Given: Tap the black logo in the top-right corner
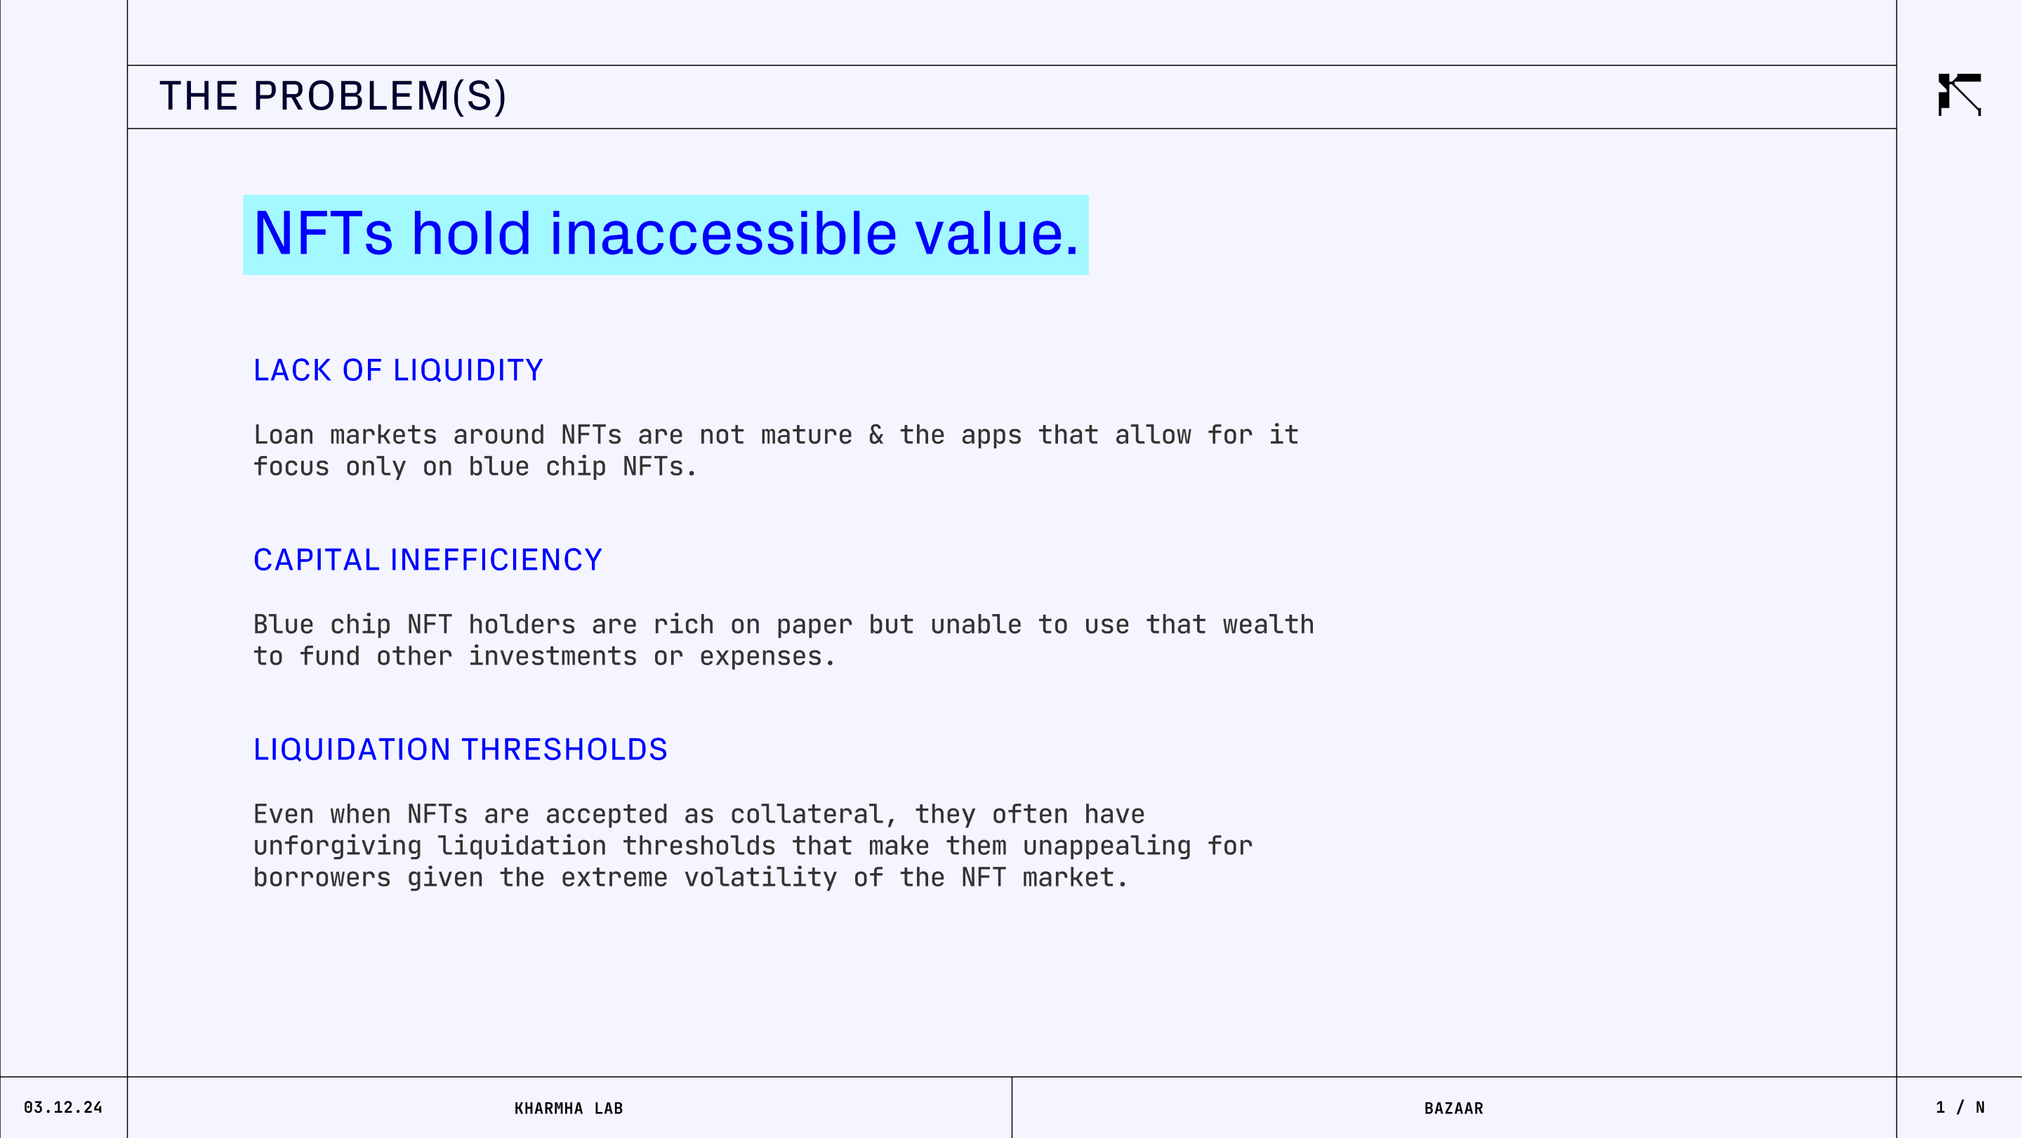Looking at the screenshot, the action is coord(1960,94).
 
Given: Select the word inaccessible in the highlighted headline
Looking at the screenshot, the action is coord(723,233).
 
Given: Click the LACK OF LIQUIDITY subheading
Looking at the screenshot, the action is coord(398,371).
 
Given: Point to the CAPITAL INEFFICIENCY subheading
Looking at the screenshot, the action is coord(428,560).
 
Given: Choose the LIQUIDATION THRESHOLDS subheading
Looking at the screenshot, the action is coord(460,750).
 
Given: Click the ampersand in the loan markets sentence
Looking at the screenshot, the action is coord(876,435).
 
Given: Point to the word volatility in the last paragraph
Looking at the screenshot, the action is coord(760,878).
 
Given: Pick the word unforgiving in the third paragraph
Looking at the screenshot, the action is coord(338,846).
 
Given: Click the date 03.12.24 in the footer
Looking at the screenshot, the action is coord(62,1107).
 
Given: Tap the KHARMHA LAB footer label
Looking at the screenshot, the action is coord(568,1108).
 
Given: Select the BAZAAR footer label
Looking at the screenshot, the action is coord(1454,1108).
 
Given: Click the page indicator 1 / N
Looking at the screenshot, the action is coord(1960,1107).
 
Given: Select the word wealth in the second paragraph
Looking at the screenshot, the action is coord(1269,624).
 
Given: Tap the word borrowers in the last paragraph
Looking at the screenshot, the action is coord(322,878).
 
